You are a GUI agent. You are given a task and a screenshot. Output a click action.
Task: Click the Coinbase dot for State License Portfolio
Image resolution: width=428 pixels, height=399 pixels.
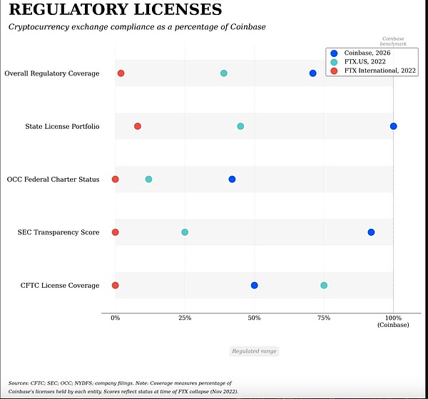[x=393, y=126]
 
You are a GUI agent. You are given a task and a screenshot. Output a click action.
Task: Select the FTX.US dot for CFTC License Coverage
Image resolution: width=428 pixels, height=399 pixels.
[x=324, y=285]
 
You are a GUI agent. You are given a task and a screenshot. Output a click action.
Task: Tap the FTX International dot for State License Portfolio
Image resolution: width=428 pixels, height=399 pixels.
[x=138, y=126]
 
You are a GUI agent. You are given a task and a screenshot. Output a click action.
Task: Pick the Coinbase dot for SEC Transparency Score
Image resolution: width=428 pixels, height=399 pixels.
[x=371, y=232]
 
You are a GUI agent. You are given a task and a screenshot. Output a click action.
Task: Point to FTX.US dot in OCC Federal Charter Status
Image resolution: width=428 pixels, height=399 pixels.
[x=148, y=179]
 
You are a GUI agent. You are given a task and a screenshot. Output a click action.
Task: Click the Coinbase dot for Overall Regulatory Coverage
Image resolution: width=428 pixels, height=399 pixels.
[x=312, y=73]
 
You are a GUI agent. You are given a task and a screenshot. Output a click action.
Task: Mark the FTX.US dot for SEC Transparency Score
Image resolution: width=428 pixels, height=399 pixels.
[x=185, y=232]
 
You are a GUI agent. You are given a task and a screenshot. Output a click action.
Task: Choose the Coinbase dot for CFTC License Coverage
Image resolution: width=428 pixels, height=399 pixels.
[x=254, y=285]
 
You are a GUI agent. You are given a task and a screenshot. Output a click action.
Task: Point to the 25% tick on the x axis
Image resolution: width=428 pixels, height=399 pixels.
[x=184, y=318]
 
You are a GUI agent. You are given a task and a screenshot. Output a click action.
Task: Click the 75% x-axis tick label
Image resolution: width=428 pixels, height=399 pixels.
[x=324, y=318]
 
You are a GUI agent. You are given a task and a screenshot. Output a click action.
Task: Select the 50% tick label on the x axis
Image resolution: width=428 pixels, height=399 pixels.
[x=254, y=318]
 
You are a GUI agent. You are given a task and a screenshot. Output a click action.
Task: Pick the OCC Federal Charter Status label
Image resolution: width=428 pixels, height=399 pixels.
[x=53, y=179]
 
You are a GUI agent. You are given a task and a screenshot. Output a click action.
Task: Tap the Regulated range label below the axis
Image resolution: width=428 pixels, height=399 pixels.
[x=254, y=351]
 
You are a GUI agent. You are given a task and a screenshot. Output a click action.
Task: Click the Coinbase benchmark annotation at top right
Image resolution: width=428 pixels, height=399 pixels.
[x=393, y=41]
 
